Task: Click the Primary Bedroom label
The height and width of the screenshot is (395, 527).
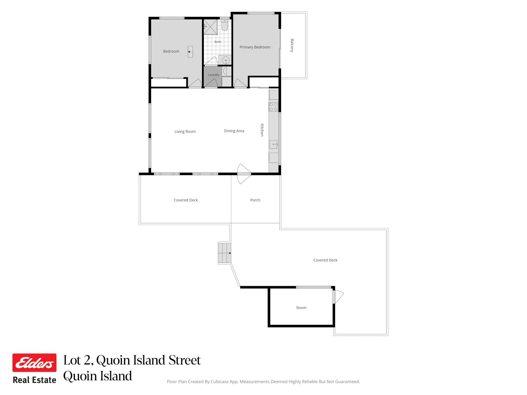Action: coord(255,47)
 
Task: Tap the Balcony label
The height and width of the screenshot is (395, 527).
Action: coord(292,45)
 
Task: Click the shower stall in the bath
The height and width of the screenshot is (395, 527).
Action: coord(210,27)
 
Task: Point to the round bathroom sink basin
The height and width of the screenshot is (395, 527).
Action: coord(226,60)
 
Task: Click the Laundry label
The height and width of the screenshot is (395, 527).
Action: coord(214,75)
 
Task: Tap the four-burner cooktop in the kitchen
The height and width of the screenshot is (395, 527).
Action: coord(273,107)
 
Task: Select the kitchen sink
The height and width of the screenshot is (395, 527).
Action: coord(273,144)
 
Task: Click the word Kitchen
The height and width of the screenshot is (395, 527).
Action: coord(262,130)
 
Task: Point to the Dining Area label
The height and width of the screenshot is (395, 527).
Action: coord(234,131)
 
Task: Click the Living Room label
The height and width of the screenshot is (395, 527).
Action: coord(185,131)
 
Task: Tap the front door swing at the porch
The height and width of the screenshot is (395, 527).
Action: coord(244,174)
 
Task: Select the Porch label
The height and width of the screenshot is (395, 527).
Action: coord(255,200)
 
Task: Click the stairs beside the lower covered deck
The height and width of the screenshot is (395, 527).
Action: coord(225,253)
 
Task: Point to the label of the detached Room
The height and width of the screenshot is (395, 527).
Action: coord(301,308)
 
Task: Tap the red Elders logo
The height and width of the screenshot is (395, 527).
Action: coord(34,363)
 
